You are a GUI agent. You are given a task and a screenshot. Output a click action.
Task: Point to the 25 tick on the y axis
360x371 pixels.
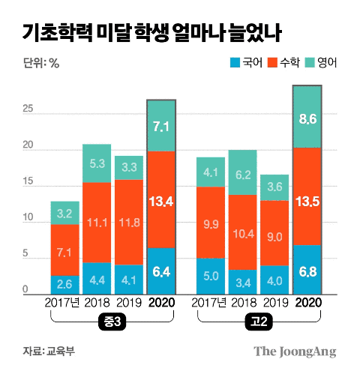[28, 109]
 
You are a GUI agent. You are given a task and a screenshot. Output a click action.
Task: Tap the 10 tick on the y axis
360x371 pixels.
[28, 219]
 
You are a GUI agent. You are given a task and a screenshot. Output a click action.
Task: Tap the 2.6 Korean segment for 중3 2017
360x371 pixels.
[65, 284]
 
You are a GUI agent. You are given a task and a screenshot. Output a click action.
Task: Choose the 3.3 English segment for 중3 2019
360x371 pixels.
[129, 168]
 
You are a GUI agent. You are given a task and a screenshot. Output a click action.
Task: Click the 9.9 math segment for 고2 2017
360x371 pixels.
[211, 223]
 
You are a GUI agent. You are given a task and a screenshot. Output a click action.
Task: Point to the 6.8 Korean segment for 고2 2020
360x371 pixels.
[307, 269]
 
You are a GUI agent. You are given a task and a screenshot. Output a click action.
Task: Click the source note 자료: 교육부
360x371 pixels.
[49, 351]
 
